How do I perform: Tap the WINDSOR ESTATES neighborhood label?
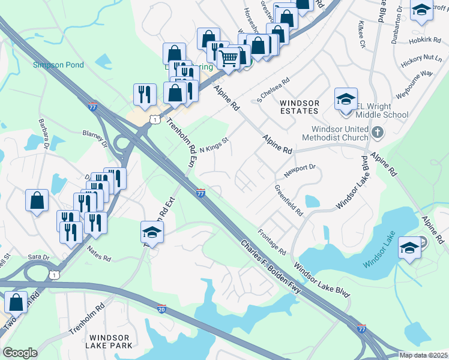tap(299, 107)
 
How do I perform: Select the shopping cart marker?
tap(229, 59)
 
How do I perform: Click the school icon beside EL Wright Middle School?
tap(346, 99)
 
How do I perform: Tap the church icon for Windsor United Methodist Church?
tap(377, 132)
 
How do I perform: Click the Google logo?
tap(20, 353)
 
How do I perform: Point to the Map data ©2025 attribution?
tap(423, 355)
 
